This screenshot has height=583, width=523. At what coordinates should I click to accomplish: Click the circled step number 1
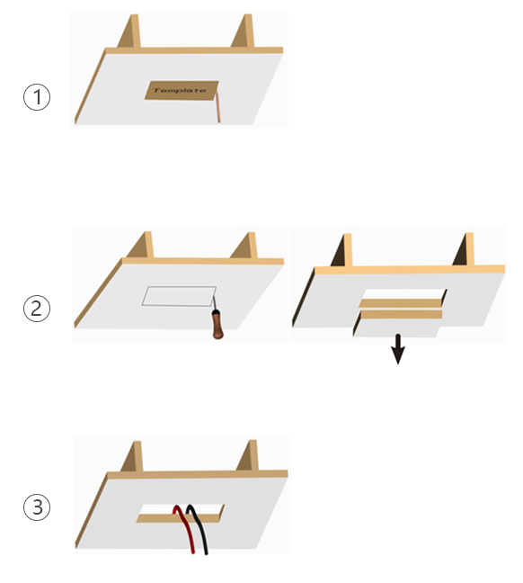point(37,97)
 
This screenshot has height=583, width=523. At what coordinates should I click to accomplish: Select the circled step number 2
point(37,309)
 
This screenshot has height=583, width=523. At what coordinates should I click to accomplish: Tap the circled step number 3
point(37,507)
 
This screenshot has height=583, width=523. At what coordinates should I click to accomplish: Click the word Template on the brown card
point(180,90)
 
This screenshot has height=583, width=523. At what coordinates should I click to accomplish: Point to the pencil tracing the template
point(218,107)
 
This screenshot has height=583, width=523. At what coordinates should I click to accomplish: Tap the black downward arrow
point(398,349)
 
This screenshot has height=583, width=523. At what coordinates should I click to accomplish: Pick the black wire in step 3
point(199,528)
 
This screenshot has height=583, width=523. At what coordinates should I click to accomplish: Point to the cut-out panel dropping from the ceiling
point(397,324)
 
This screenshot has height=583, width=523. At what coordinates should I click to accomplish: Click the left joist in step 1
point(129,31)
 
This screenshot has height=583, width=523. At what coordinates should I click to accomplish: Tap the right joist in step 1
point(244,31)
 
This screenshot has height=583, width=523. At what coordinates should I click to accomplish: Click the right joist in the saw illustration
point(244,246)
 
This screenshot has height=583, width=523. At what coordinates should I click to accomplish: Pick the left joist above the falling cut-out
point(342,250)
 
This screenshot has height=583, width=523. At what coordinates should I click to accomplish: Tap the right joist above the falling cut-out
point(464,249)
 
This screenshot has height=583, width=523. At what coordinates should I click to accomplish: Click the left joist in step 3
point(132,456)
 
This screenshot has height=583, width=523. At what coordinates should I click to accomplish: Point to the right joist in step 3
point(247,455)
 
